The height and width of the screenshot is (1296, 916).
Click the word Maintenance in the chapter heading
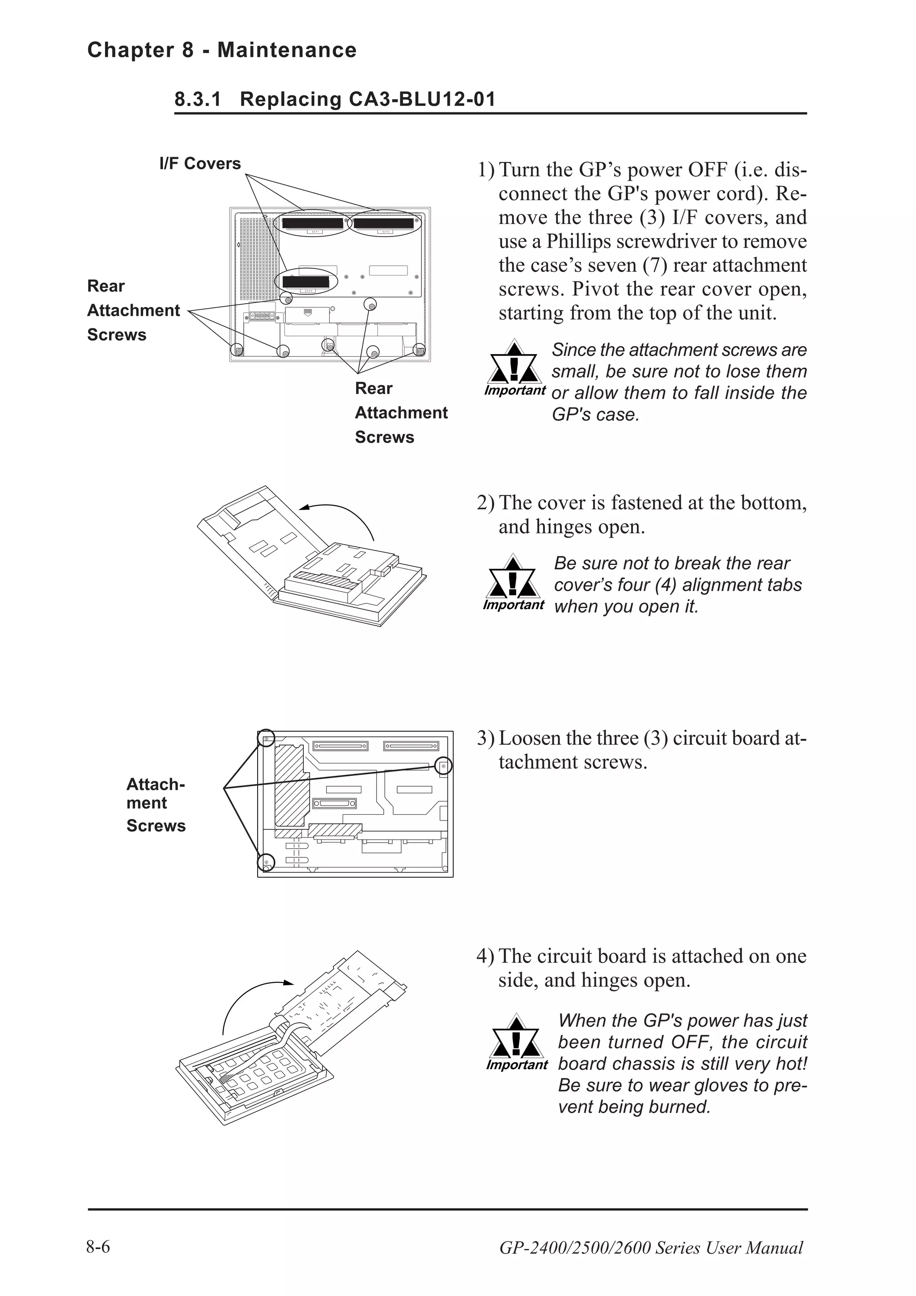(x=287, y=50)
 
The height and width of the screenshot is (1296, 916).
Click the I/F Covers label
(x=200, y=164)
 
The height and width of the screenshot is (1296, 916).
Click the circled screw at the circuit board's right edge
(x=444, y=766)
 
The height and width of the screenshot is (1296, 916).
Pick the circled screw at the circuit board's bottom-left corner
(x=266, y=862)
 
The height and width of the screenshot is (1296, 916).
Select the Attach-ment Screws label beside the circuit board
(x=155, y=805)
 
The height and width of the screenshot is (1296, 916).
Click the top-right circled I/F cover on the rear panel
(x=384, y=223)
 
